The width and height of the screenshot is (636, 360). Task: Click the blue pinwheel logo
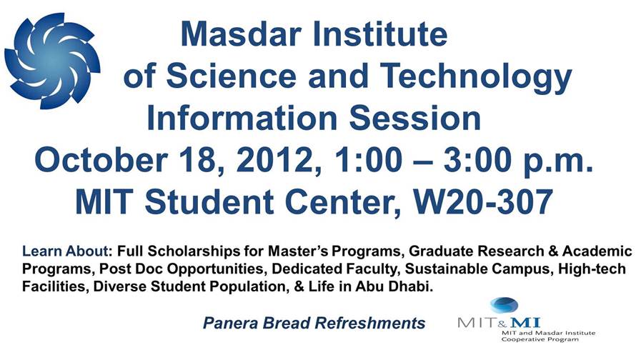[52, 61]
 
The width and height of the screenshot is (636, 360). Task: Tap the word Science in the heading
[232, 76]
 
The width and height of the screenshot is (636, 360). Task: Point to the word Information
[242, 118]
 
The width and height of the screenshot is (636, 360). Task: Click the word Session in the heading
[415, 118]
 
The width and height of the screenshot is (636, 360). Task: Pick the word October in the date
[101, 160]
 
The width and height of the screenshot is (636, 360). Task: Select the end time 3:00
[477, 160]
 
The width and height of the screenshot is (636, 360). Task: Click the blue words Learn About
[65, 251]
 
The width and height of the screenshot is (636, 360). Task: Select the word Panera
[231, 323]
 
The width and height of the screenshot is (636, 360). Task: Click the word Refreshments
[370, 323]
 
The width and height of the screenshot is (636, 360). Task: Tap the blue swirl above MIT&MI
[504, 305]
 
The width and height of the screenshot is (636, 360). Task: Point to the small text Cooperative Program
[540, 339]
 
